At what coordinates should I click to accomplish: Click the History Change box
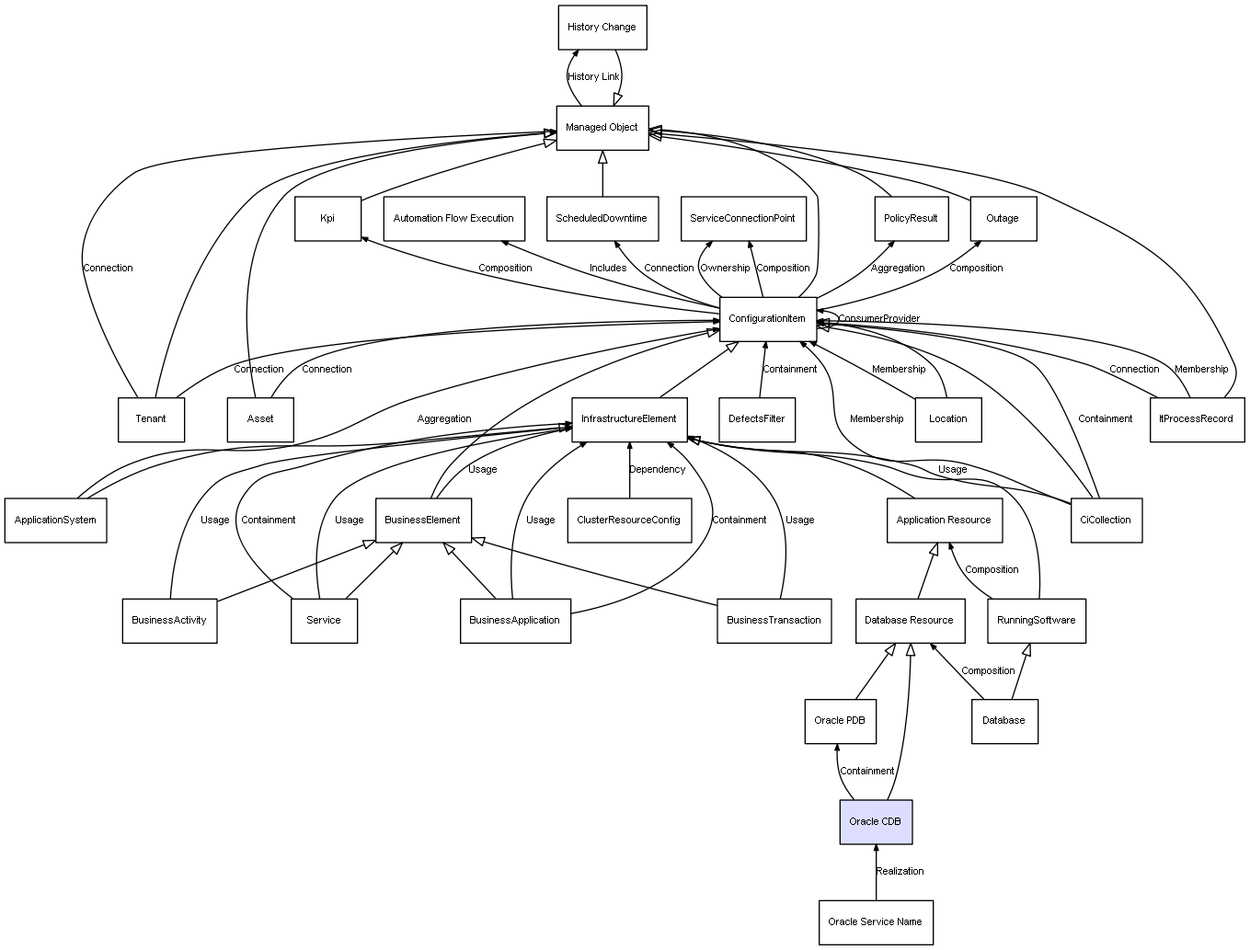602,28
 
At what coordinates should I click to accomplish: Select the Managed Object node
602,128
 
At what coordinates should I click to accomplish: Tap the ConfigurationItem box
767,319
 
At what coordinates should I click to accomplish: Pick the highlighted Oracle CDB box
876,821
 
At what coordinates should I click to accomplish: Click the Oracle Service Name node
875,922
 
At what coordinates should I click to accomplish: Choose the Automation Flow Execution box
453,219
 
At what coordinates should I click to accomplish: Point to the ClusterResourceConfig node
628,521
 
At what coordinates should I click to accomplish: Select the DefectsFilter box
756,419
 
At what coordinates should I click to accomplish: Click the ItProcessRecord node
1196,419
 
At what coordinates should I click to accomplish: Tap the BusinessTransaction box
774,621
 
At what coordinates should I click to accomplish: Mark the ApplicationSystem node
55,521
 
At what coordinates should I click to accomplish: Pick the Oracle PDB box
839,721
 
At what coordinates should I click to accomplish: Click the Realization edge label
900,872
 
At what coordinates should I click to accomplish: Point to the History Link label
593,77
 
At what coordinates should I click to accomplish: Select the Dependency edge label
657,470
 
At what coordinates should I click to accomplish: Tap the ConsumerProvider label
878,319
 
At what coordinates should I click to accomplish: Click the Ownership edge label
725,269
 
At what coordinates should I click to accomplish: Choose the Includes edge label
608,269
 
